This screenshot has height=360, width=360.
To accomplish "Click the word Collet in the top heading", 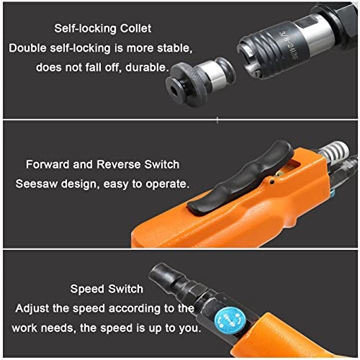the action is (135, 28).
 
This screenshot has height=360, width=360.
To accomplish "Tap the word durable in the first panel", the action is (146, 68).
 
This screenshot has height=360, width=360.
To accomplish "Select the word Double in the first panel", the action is (27, 48).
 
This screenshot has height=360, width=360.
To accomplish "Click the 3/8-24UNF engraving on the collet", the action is (289, 45).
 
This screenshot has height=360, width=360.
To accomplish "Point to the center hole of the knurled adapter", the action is (174, 90).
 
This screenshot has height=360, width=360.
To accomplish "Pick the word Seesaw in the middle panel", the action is (37, 184).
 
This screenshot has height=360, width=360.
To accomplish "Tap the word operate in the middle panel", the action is (168, 184).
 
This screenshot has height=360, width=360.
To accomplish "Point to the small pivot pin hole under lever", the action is (272, 182).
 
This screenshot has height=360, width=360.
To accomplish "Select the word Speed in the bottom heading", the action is (88, 289).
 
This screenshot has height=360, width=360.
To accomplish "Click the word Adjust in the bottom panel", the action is (32, 309).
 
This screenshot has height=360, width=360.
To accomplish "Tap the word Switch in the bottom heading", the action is (125, 289).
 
